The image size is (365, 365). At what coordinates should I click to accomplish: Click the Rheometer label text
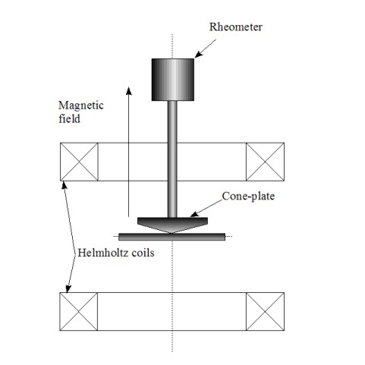coord(235,27)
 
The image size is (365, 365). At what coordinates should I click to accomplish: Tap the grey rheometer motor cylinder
coord(173,80)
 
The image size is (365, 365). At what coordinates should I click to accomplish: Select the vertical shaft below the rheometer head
coord(172,159)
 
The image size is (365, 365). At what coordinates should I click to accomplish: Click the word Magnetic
coord(81,105)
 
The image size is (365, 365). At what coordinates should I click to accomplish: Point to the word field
coord(69,118)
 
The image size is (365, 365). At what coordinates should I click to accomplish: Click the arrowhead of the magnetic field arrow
coord(129,91)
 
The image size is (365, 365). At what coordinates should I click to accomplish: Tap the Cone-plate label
coord(248,197)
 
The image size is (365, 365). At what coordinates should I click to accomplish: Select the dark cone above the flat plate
coord(172,225)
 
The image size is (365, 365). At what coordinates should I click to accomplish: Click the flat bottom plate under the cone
coord(171,237)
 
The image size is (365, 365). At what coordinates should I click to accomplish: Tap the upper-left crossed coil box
coord(79,162)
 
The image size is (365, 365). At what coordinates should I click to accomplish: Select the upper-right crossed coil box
coord(265,162)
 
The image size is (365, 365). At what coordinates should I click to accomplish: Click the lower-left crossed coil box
coord(79,312)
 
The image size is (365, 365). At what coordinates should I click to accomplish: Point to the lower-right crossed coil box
coord(265,312)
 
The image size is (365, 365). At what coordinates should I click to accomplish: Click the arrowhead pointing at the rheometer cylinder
coord(199,55)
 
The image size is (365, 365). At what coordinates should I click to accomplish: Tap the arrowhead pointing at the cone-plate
coord(194,214)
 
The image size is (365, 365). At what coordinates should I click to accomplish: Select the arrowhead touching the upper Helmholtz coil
coord(65,185)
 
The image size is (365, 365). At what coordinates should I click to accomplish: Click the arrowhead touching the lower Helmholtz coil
coord(68,289)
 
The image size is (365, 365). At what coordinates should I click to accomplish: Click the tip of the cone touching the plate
coord(171,233)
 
